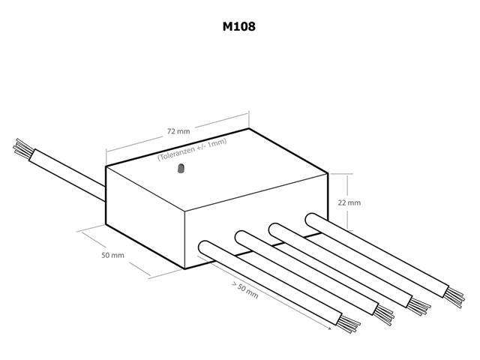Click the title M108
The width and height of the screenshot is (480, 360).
(240, 28)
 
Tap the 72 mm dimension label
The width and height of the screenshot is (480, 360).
(177, 131)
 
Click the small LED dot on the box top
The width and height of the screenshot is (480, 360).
(181, 172)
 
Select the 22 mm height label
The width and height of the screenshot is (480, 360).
(350, 202)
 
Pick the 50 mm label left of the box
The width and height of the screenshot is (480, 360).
(112, 256)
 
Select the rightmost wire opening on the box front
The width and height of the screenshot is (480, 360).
(312, 218)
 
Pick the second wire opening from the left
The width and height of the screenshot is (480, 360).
(241, 237)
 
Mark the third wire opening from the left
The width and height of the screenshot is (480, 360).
(275, 227)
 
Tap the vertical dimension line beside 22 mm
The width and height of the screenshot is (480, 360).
(349, 199)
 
